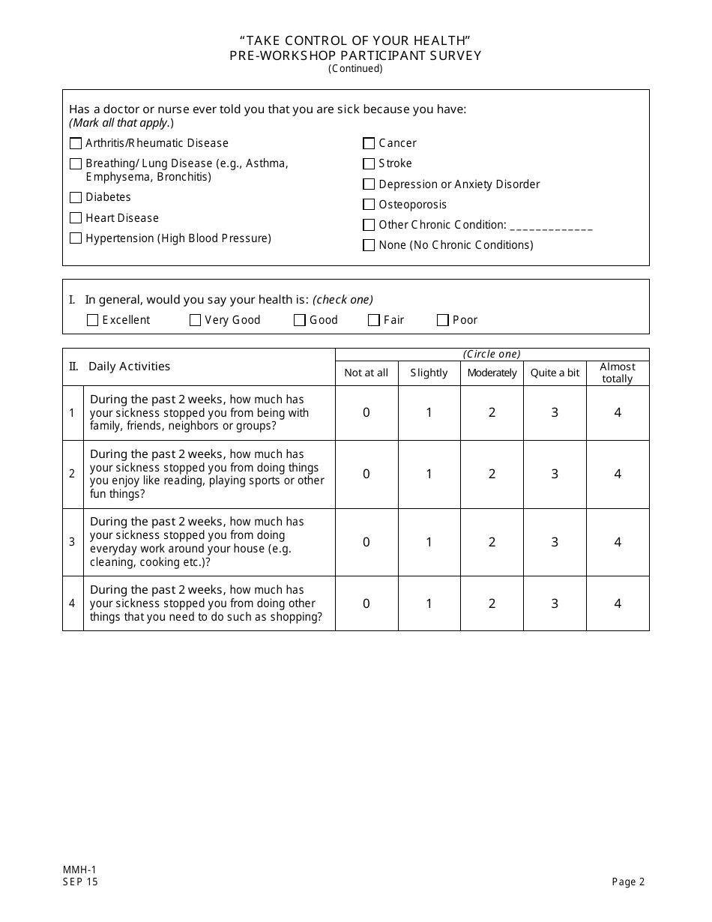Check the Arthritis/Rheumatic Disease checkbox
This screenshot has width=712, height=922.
click(76, 143)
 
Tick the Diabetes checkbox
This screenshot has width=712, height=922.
click(76, 198)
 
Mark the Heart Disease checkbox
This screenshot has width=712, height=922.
click(76, 218)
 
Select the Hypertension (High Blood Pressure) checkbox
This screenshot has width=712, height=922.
click(76, 238)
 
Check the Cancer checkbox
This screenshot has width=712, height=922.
click(369, 143)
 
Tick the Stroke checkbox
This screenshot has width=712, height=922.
click(369, 163)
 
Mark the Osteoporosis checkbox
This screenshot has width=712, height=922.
click(369, 205)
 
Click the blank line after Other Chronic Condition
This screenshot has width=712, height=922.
click(551, 226)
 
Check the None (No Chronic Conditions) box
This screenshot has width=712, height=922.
click(369, 245)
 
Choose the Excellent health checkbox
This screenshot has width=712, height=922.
click(93, 320)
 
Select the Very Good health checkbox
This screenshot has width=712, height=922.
click(196, 320)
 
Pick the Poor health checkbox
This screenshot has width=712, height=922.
click(443, 320)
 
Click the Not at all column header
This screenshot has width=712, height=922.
click(366, 373)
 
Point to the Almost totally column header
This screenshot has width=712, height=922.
click(618, 373)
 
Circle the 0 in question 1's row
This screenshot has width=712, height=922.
click(366, 412)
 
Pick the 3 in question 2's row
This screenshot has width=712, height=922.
click(555, 474)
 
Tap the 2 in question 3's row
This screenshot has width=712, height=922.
click(492, 542)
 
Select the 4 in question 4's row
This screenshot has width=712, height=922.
click(618, 603)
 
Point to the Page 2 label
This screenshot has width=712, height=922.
click(628, 882)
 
